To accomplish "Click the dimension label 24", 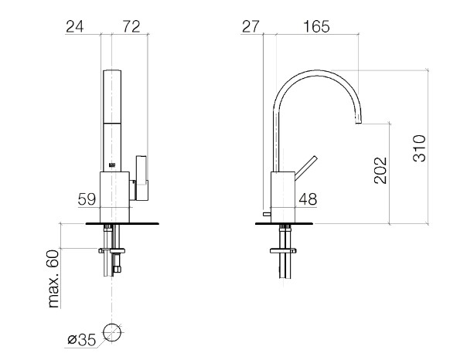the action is click(x=75, y=26).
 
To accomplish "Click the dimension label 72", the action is click(x=131, y=26).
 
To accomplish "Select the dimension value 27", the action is click(x=251, y=26).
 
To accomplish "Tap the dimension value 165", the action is click(x=316, y=26).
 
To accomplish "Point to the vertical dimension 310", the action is click(x=419, y=148).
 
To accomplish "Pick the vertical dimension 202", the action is click(x=380, y=170).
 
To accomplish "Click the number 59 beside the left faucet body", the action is click(x=87, y=199).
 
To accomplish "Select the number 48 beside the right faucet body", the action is click(x=308, y=199).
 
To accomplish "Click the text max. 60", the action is click(x=54, y=279).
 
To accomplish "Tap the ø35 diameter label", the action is click(x=82, y=339).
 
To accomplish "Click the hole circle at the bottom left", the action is click(x=112, y=333).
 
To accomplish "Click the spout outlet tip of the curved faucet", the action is click(x=359, y=122).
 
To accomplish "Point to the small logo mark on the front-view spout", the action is click(x=112, y=165).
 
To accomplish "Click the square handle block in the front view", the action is click(x=141, y=178).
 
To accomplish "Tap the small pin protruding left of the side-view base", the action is click(x=267, y=214).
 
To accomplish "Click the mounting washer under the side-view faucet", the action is click(x=283, y=251).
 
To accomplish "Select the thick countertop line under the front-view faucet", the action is click(x=122, y=223).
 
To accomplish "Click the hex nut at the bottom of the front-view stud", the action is click(x=117, y=270).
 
